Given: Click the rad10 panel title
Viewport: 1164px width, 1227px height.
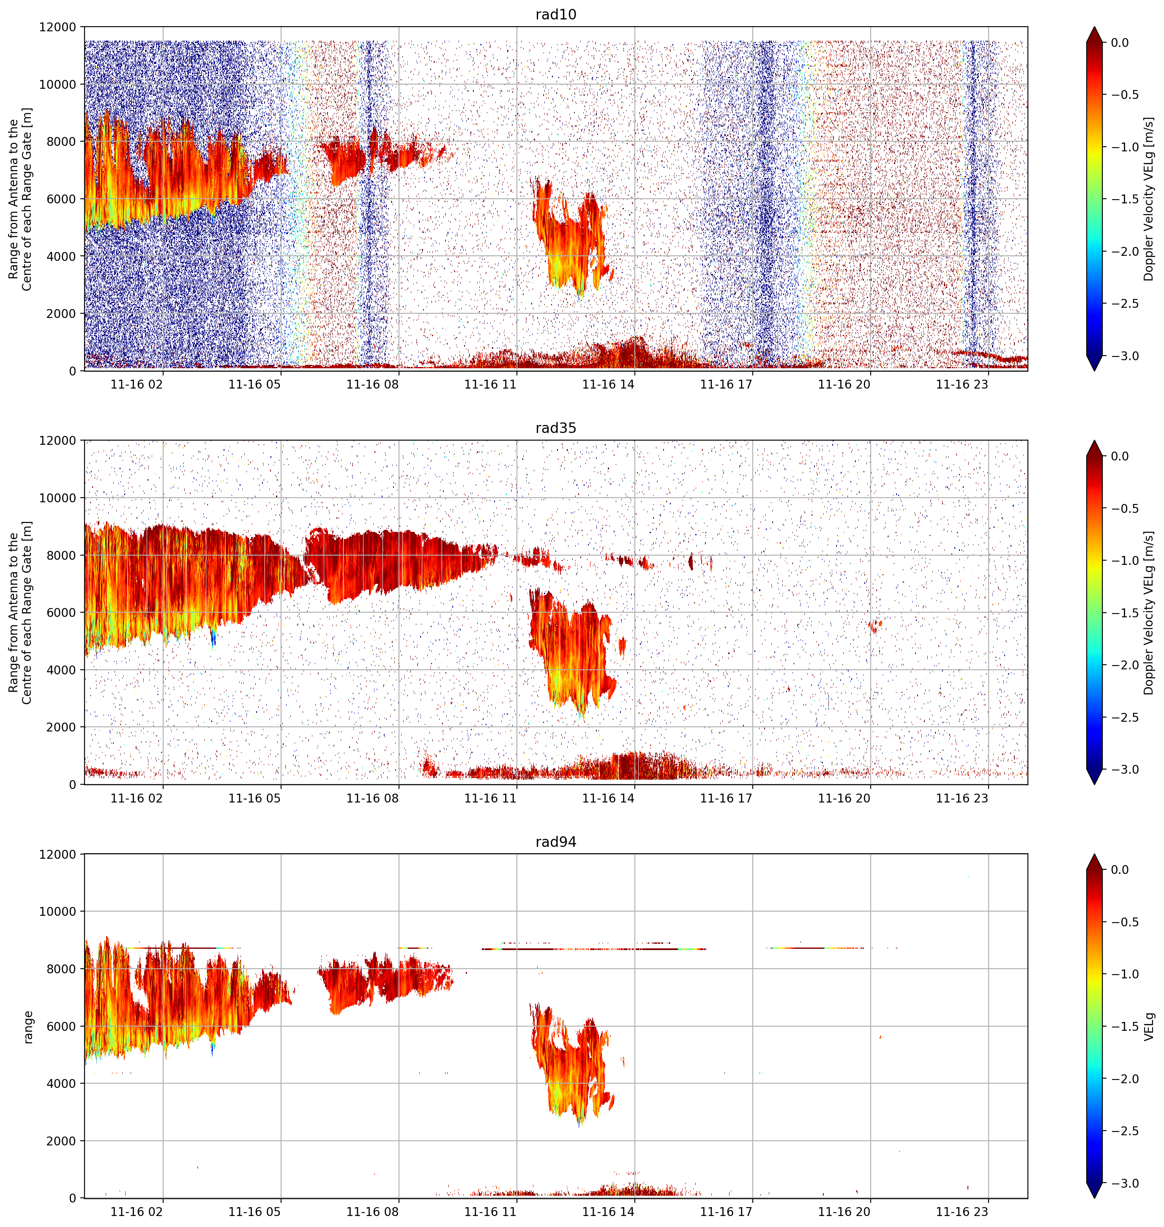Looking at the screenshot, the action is pos(555,14).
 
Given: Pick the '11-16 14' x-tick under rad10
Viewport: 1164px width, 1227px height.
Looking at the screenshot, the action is pos(608,384).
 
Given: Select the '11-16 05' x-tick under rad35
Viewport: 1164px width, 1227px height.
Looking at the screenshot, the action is pos(254,798).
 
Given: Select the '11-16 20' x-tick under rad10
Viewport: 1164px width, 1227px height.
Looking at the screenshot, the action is pos(844,384).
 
